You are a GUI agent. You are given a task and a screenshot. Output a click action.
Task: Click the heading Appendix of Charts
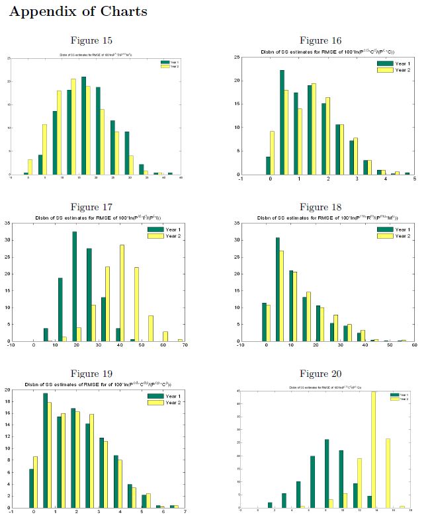click(x=78, y=12)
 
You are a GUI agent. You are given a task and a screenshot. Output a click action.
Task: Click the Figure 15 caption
click(x=93, y=41)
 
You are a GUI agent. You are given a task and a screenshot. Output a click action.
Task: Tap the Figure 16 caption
click(x=320, y=41)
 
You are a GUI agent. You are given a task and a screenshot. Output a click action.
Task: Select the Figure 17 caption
click(x=93, y=207)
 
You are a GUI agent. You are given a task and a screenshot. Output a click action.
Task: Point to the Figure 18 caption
click(x=320, y=207)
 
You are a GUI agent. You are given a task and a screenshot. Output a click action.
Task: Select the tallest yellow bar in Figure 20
click(x=374, y=450)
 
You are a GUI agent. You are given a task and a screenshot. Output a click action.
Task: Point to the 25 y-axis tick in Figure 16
click(x=236, y=58)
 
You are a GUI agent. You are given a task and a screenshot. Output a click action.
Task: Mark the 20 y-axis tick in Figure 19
click(x=7, y=389)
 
